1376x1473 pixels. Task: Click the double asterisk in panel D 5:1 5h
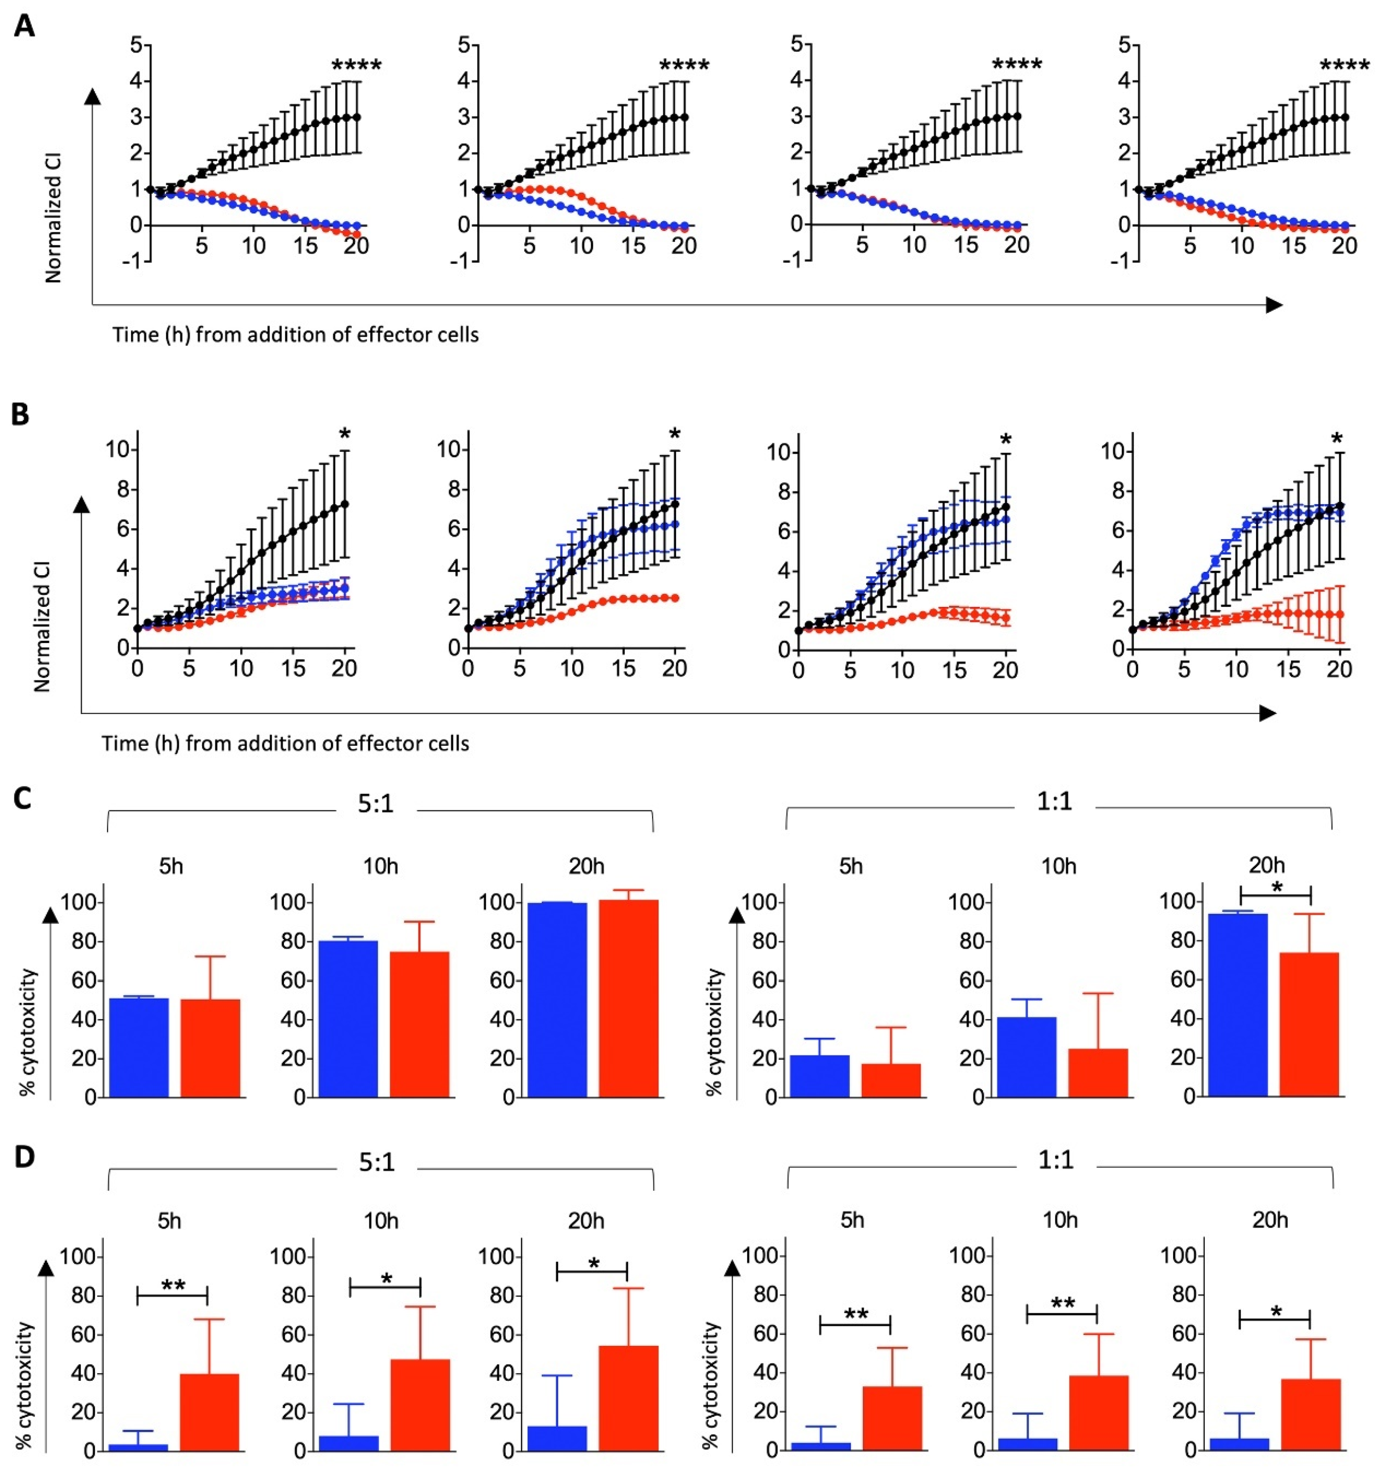pos(172,1286)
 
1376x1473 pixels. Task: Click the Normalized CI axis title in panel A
pos(53,218)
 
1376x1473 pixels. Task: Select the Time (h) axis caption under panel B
pos(285,743)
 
